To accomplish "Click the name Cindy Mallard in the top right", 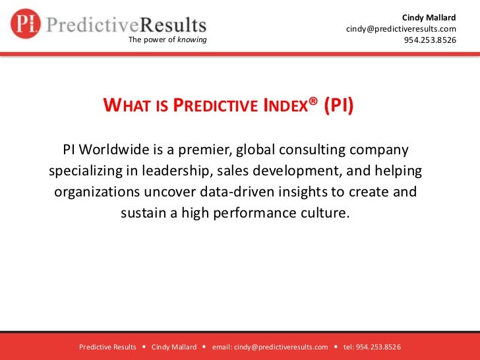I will click(x=429, y=16).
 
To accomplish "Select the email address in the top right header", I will click(x=401, y=29).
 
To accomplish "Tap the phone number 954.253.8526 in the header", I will click(x=430, y=40).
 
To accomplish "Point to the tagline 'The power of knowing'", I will click(x=167, y=40).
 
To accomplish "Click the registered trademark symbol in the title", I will click(x=313, y=102).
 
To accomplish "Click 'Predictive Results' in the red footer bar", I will click(x=107, y=347).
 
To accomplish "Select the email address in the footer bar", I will click(x=270, y=347).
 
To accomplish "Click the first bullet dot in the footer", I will click(x=144, y=347).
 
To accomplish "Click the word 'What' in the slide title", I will click(x=127, y=106).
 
